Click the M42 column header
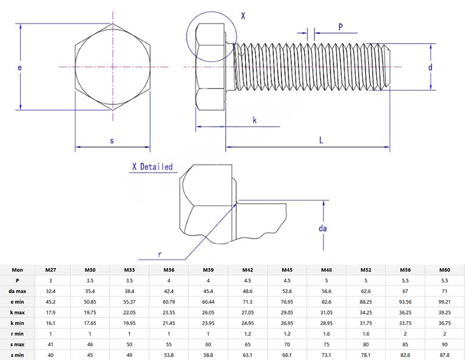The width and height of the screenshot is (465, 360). (248, 270)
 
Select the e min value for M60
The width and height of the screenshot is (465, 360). (445, 301)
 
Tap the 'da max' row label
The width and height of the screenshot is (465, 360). (17, 291)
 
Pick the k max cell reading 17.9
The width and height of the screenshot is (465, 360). (51, 312)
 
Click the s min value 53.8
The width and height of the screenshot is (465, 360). (169, 355)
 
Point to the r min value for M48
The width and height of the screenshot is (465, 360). (326, 333)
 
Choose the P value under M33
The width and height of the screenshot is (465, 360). (129, 280)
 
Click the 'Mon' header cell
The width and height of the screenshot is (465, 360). (17, 270)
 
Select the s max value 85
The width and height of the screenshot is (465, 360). (405, 344)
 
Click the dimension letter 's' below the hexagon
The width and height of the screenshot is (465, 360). (112, 141)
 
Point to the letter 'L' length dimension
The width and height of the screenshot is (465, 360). (321, 140)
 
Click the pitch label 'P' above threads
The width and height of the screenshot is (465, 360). (341, 27)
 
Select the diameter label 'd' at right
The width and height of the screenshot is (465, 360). (431, 67)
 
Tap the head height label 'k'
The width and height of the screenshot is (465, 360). (255, 120)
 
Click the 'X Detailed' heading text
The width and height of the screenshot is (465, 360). (152, 167)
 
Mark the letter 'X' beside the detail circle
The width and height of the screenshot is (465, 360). (243, 17)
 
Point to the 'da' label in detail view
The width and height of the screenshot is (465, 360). (323, 229)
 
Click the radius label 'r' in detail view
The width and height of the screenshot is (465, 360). (160, 254)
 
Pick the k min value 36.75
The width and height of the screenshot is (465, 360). (445, 323)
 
